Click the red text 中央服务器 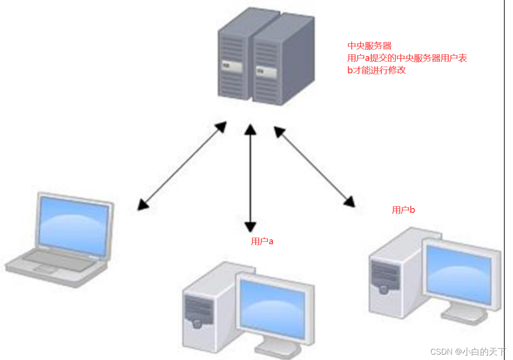pyautogui.click(x=369, y=46)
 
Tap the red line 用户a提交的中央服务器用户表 pyautogui.click(x=407, y=58)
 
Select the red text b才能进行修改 pyautogui.click(x=376, y=70)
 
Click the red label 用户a pyautogui.click(x=262, y=241)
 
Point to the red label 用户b pyautogui.click(x=403, y=210)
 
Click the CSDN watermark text pyautogui.click(x=468, y=352)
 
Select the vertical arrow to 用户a pyautogui.click(x=251, y=177)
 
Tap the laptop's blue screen pyautogui.click(x=73, y=225)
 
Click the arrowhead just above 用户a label pyautogui.click(x=251, y=227)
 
